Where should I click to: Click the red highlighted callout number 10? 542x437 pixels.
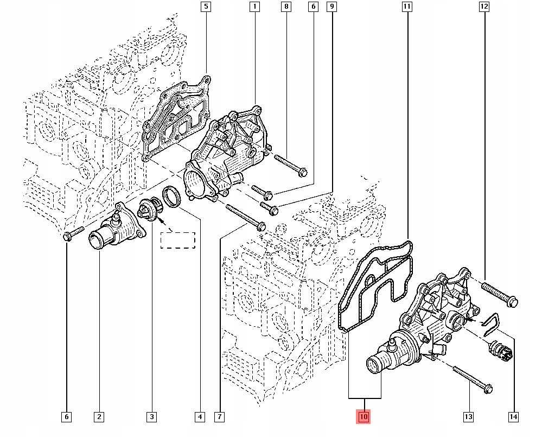pos(363,417)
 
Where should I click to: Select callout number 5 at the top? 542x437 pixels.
pos(206,7)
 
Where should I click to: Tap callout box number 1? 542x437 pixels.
pos(254,7)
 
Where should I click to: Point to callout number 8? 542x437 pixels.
pos(286,7)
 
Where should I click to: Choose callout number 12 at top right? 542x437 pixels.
pos(484,7)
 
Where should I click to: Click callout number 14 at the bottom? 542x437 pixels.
pos(513,417)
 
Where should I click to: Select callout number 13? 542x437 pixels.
pos(468,417)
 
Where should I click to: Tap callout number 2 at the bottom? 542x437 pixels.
pos(99,417)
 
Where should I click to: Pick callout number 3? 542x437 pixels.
pos(151,417)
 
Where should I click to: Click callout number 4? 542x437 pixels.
pos(200,417)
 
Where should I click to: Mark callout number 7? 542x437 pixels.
pos(219,417)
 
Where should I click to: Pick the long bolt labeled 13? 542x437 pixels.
pos(471,378)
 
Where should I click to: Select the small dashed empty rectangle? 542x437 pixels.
pos(177,239)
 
